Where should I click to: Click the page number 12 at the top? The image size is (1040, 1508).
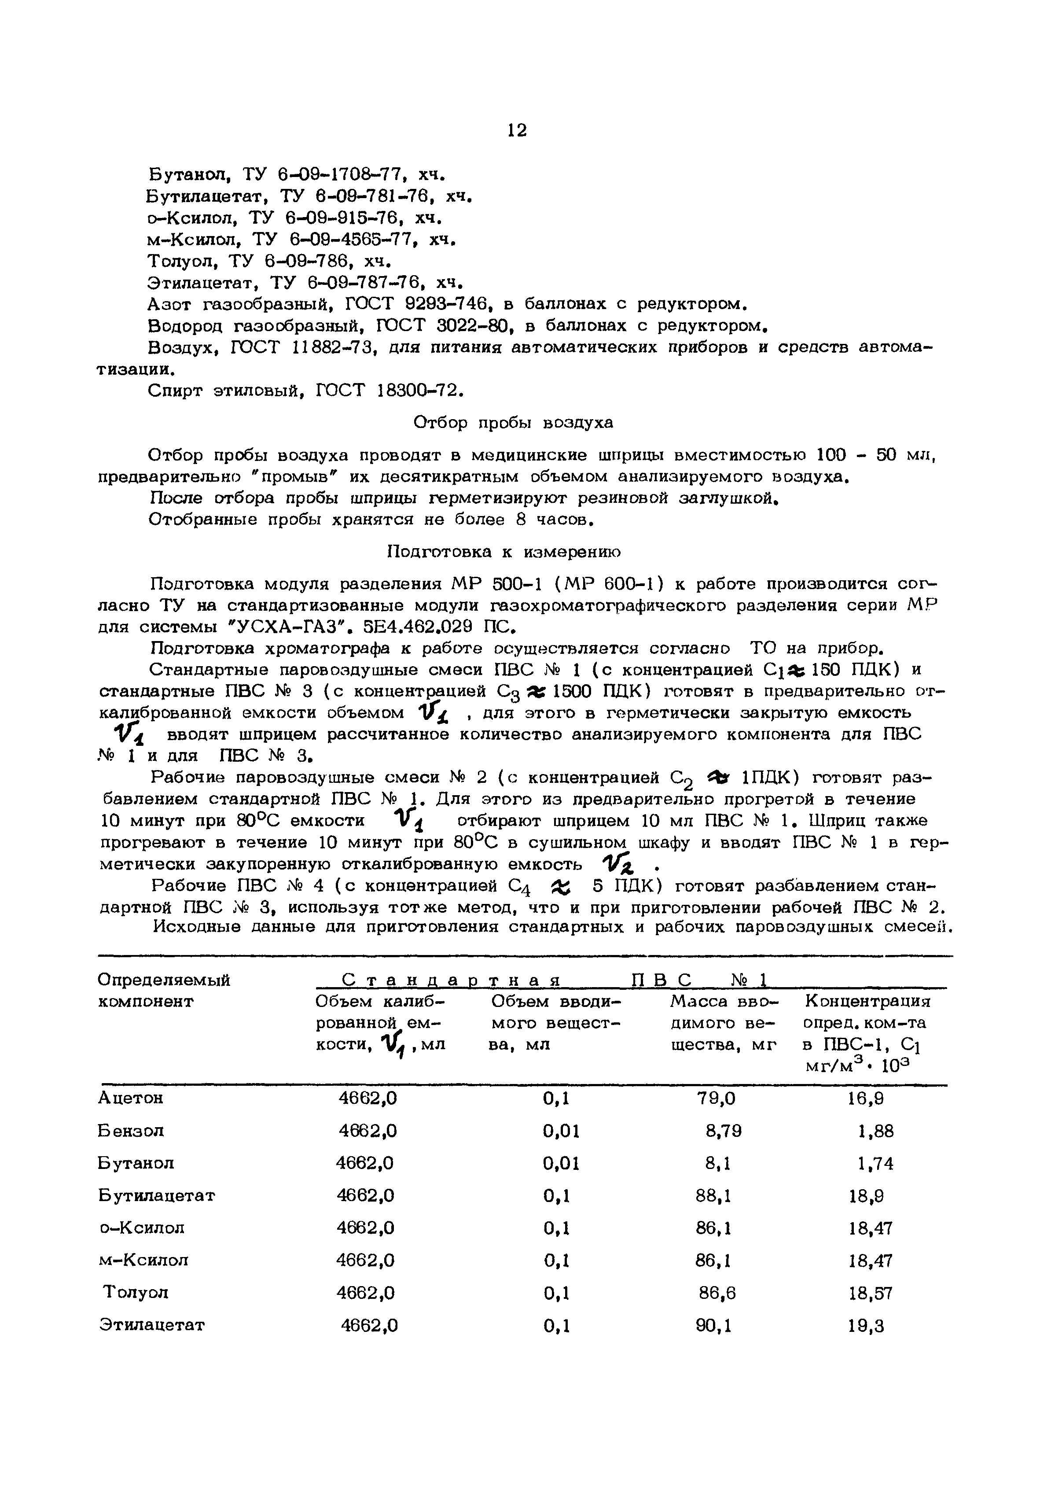(516, 130)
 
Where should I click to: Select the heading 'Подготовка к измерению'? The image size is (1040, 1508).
(504, 552)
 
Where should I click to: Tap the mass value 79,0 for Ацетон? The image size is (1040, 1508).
(716, 1099)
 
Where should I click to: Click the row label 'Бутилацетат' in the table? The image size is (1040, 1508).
(156, 1196)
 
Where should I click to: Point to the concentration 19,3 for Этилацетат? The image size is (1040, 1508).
(866, 1326)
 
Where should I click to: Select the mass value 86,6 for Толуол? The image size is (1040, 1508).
(717, 1293)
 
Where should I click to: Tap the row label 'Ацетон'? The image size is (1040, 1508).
(130, 1099)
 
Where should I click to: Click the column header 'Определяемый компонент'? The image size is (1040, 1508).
(164, 991)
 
